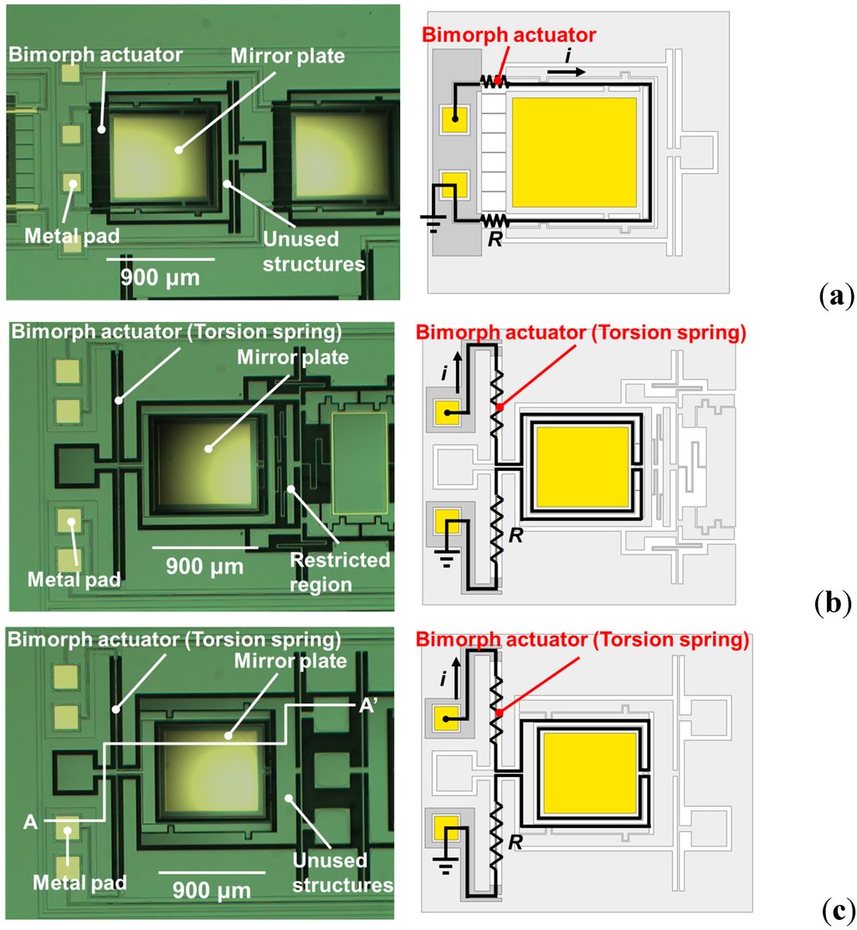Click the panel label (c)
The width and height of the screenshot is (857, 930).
[834, 908]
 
